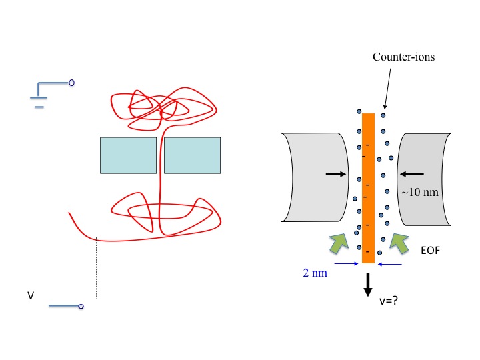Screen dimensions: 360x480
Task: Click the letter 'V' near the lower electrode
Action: point(31,293)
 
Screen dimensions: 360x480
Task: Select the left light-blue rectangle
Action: point(128,156)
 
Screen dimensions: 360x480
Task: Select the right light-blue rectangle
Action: point(192,156)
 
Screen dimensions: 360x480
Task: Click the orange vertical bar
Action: point(369,187)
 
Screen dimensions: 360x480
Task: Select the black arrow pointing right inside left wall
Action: point(336,174)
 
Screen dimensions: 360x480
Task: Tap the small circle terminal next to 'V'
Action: point(81,307)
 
